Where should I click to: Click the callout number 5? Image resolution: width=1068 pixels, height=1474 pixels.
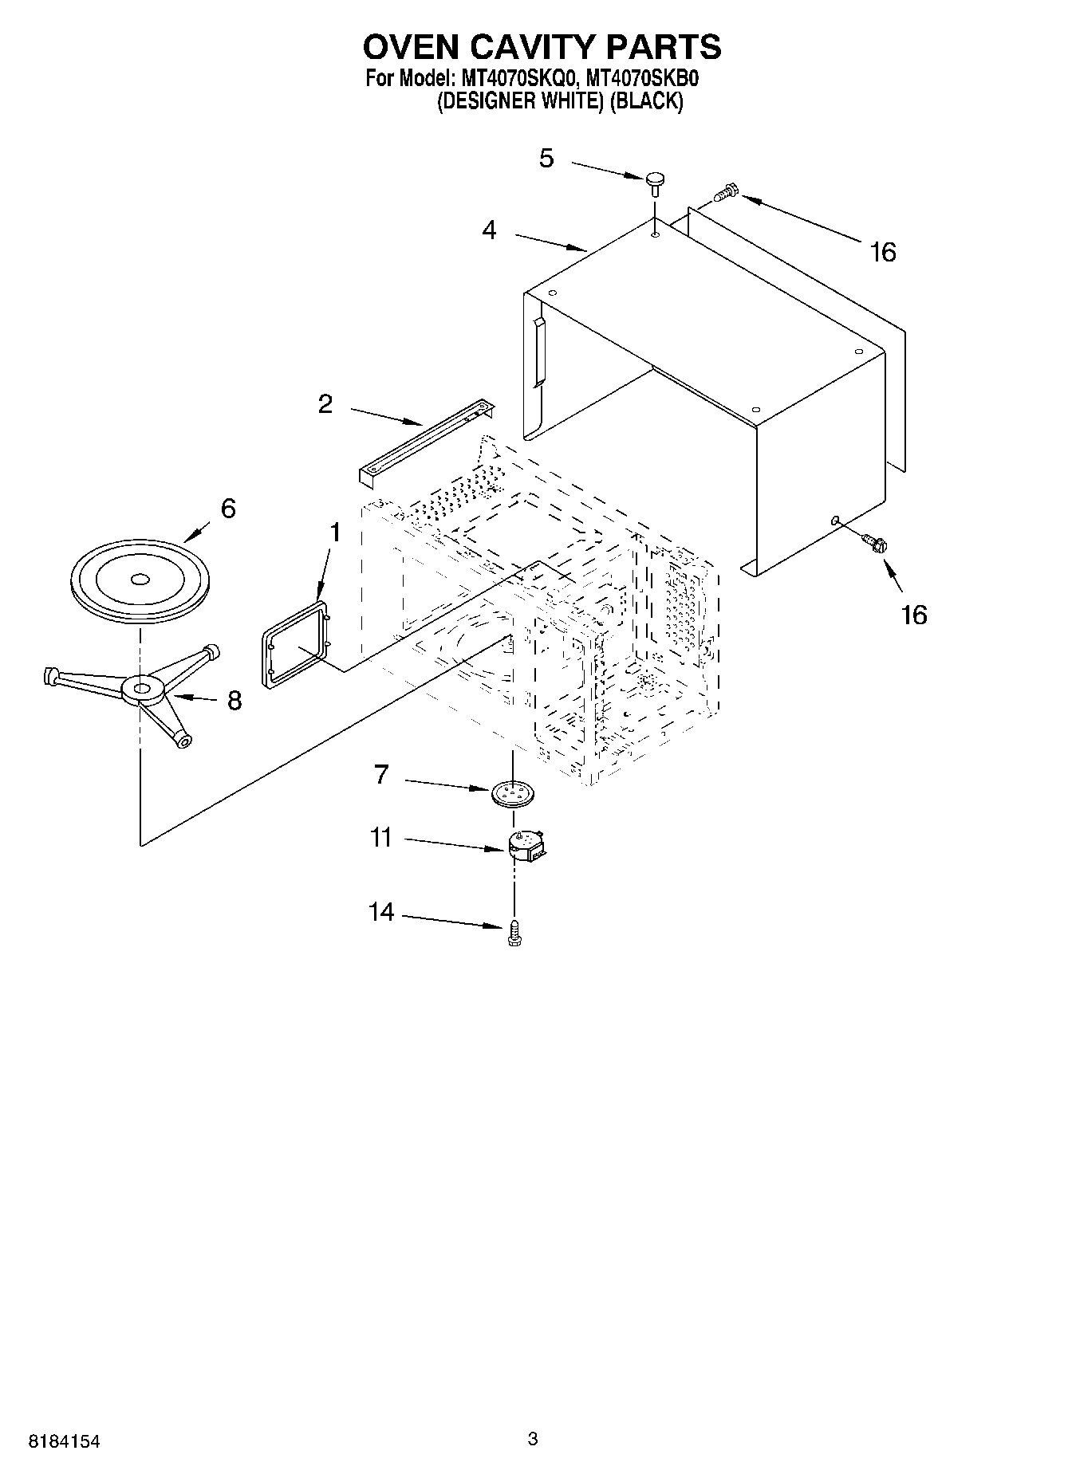click(546, 158)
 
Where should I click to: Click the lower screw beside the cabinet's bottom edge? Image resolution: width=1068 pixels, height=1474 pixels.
click(873, 542)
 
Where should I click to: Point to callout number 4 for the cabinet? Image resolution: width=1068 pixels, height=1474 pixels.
click(489, 230)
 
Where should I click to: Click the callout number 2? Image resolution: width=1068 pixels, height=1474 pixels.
click(325, 404)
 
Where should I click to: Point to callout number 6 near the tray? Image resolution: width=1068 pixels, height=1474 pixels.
click(228, 508)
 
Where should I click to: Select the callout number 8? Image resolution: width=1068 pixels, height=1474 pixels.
click(234, 700)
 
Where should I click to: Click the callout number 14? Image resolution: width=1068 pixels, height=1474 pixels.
click(381, 911)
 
